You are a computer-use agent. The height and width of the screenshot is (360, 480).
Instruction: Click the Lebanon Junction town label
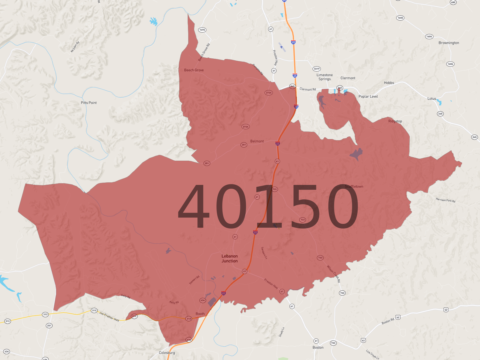point(229,259)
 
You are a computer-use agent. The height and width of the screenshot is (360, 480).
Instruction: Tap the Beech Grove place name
point(194,70)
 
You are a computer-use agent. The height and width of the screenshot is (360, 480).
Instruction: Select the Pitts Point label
point(89,103)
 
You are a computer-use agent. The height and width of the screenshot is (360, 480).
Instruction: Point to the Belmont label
point(257,141)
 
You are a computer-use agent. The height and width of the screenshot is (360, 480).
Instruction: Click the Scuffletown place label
point(354,187)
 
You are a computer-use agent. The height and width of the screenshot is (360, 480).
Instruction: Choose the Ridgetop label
point(395,121)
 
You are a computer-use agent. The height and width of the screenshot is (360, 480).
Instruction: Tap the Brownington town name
point(449,43)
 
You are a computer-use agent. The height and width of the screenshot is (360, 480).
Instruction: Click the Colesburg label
point(167,353)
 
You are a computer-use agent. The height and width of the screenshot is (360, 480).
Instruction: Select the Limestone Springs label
point(324,77)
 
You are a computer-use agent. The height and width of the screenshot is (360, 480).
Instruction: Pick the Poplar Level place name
point(368,97)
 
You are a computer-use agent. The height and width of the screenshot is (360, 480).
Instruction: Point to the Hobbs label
point(389,83)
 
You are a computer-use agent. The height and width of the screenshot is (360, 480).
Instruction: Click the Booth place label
point(200,314)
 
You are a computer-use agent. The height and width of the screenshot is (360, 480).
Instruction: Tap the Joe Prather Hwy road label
point(109,317)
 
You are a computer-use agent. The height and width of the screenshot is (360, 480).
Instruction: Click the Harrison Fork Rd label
point(445,200)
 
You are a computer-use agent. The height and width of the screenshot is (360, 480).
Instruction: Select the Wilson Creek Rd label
point(334,273)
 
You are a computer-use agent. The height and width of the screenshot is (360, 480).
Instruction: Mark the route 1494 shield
point(202,30)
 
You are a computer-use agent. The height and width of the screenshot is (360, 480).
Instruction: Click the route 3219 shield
point(317,69)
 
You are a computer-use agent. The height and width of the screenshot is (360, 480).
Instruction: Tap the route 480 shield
point(453,2)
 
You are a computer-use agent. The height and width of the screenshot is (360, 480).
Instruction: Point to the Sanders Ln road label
point(264,253)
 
